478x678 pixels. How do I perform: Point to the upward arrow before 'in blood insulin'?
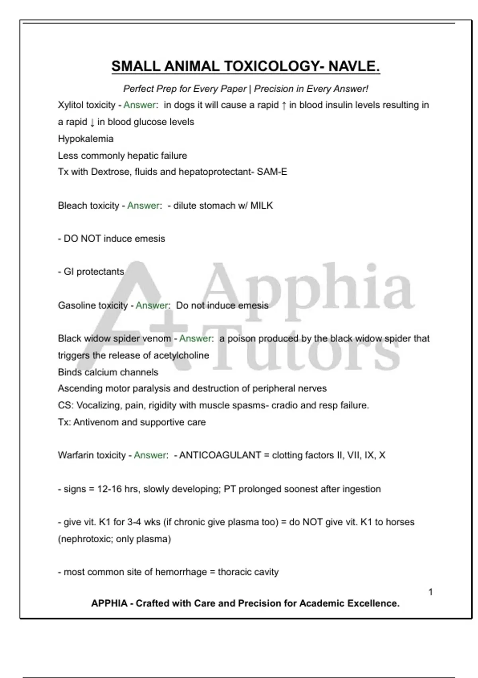[284, 106]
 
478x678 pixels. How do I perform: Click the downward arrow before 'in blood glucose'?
[92, 122]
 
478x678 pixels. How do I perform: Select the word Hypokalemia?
[86, 139]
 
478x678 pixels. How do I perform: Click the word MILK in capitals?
[262, 206]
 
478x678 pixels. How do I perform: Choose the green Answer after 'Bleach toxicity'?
[143, 206]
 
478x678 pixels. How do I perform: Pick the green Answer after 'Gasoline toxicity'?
[152, 305]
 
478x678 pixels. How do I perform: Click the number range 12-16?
[110, 489]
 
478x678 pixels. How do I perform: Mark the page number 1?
[431, 592]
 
